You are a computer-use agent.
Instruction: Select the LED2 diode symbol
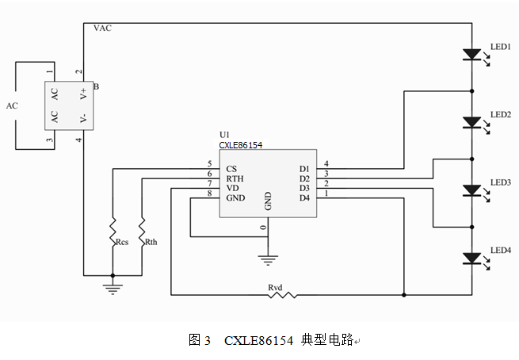pos(471,123)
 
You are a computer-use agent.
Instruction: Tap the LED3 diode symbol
pos(471,190)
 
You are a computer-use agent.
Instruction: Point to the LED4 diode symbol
pos(471,258)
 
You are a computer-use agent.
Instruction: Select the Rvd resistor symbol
pos(281,294)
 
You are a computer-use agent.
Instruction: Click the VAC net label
pos(103,29)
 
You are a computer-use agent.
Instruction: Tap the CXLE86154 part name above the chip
pos(241,145)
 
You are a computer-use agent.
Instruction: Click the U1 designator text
pos(224,136)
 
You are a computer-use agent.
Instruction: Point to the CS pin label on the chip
pos(231,169)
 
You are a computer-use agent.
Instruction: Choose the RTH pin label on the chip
pos(235,178)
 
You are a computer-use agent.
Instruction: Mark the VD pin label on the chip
pos(232,188)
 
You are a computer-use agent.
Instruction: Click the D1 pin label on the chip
pos(304,169)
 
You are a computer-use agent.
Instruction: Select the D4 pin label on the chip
pos(304,197)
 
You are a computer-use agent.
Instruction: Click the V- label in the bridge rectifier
pos(84,118)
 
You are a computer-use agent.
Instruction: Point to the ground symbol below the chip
pos(269,258)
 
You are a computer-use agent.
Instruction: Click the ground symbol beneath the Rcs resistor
pos(113,288)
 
